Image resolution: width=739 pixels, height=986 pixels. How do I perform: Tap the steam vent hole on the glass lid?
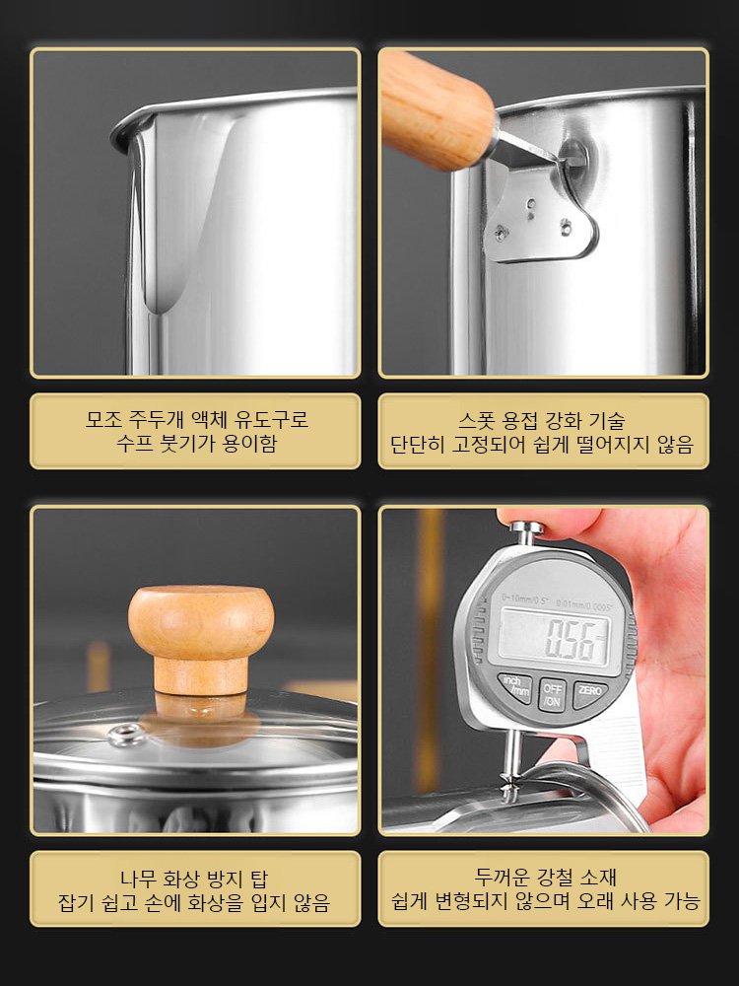pos(123,734)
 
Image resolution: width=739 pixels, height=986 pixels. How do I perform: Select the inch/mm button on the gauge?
pos(514,687)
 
